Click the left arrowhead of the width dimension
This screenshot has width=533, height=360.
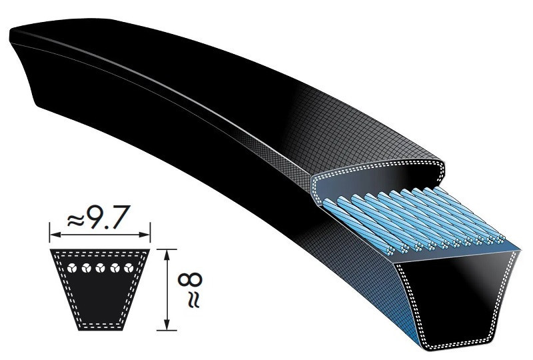click(54, 235)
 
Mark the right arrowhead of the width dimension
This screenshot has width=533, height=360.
click(147, 235)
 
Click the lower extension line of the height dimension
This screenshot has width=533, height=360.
click(167, 330)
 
